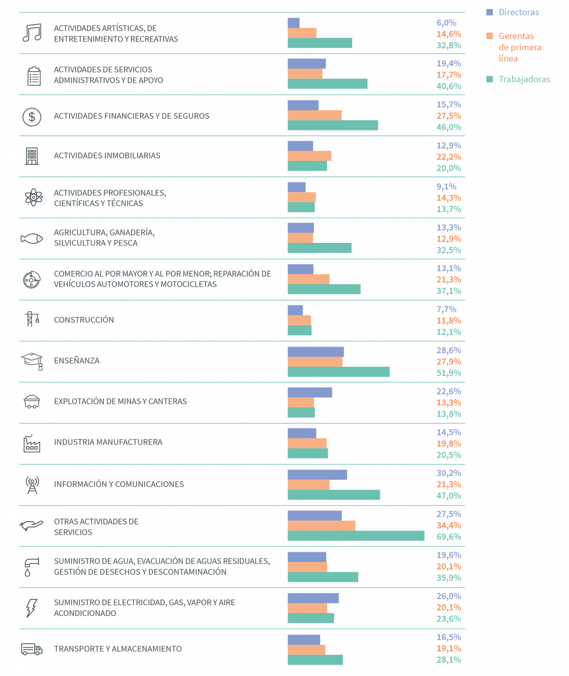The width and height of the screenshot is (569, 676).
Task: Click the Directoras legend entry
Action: coord(512,12)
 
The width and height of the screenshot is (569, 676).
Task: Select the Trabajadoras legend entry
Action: coord(518,79)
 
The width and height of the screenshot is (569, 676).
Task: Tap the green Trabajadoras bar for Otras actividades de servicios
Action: coord(356,536)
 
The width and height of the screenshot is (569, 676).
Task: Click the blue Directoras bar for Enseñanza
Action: coord(316,352)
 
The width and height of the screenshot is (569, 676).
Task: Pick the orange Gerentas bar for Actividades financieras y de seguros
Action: coord(315,115)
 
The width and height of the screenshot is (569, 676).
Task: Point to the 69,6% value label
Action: coord(449,537)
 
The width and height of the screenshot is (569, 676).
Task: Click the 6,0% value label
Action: coord(446,23)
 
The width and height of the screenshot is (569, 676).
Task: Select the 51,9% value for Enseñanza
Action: coord(449,373)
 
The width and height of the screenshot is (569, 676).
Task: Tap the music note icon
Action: coord(32,33)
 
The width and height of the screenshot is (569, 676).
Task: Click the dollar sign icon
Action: coord(32,117)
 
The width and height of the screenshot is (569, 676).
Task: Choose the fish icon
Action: coord(32,238)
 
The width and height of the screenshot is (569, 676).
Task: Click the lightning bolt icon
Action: coord(31,608)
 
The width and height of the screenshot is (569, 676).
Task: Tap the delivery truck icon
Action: coord(32,649)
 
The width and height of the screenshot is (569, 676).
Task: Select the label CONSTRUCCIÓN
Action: coord(84,320)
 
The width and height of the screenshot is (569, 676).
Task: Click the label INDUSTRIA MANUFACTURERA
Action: coord(108,442)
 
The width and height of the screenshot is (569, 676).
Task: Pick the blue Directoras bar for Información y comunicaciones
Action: coord(317,475)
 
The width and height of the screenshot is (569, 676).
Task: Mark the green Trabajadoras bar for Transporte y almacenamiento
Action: coord(315,660)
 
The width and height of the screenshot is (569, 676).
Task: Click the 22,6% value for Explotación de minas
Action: coord(449,391)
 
